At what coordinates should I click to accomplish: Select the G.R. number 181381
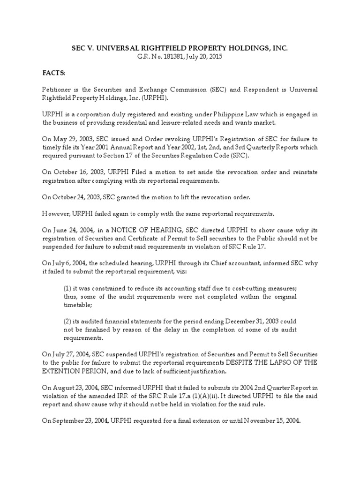click(x=162, y=57)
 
